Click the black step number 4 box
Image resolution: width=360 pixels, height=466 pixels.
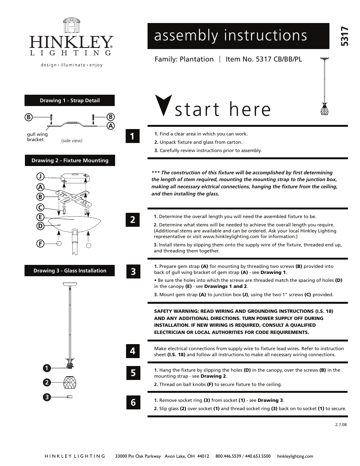point(133,351)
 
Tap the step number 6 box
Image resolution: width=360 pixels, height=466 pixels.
point(133,403)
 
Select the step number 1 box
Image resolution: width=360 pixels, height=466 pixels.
point(132,136)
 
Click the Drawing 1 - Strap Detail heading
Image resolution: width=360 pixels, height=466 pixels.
point(70,100)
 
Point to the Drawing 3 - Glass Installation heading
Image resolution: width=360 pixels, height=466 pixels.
point(70,271)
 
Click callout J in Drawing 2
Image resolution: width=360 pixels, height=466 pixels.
point(40,176)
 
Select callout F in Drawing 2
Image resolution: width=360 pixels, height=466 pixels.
point(40,244)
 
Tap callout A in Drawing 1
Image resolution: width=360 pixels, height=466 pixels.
point(111,126)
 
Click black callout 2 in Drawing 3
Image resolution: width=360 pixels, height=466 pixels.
point(46,382)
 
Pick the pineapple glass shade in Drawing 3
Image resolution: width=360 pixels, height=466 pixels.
point(69,382)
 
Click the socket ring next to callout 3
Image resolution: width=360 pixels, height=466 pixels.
point(69,397)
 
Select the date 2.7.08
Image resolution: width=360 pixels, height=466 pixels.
point(340,424)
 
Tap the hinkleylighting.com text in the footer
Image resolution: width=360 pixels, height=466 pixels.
point(295,456)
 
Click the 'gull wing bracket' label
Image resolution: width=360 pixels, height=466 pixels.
point(37,137)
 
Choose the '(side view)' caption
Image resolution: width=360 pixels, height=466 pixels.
point(72,141)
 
